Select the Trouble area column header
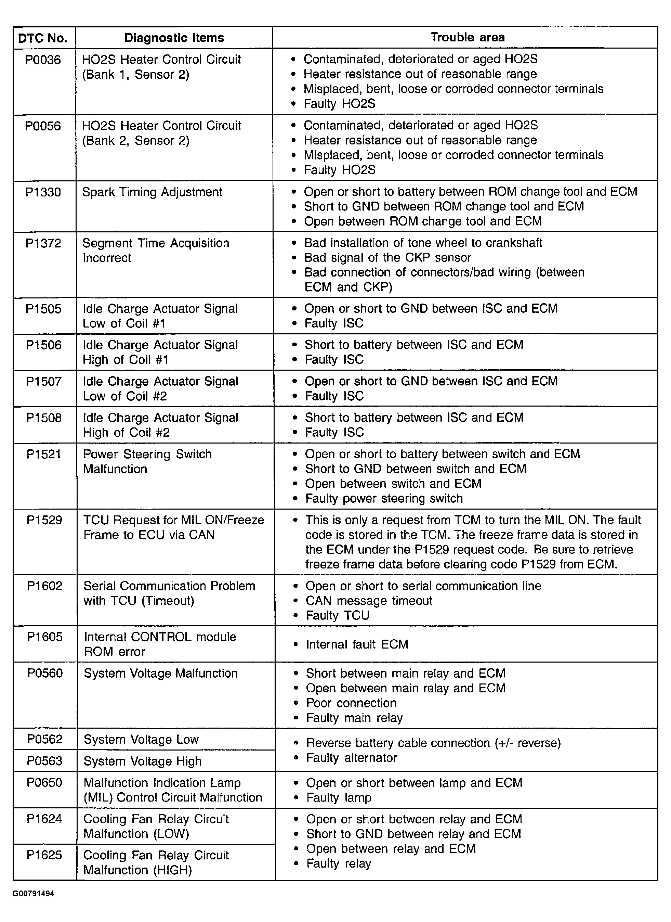pyautogui.click(x=468, y=37)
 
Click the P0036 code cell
pyautogui.click(x=43, y=60)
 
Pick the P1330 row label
pyautogui.click(x=43, y=192)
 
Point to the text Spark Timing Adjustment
pyautogui.click(x=152, y=192)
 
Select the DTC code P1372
pyautogui.click(x=43, y=243)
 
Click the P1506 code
pyautogui.click(x=44, y=345)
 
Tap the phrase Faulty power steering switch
pyautogui.click(x=384, y=498)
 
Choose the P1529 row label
pyautogui.click(x=44, y=520)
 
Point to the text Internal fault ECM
pyautogui.click(x=357, y=644)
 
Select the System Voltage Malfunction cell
pyautogui.click(x=160, y=673)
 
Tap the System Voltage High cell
pyautogui.click(x=142, y=761)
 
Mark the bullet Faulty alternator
pyautogui.click(x=351, y=758)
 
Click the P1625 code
pyautogui.click(x=44, y=855)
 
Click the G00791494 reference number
pyautogui.click(x=33, y=894)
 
